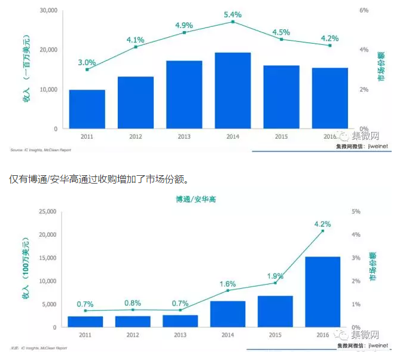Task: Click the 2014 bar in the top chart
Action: coord(233,90)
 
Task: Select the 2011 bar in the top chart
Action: coord(87,109)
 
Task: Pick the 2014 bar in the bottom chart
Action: coord(228,314)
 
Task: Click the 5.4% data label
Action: coord(233,13)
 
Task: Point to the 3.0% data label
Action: coord(87,62)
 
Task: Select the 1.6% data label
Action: coord(228,284)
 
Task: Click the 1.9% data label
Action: coord(276,276)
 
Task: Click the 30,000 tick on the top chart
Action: coord(48,11)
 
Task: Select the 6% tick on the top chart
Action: coord(364,11)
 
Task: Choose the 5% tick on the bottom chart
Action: coord(355,212)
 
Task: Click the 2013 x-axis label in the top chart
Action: coord(184,137)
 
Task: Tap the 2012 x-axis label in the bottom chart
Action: coord(133,336)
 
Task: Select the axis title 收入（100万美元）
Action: coord(26,269)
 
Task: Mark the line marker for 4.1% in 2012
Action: coord(136,47)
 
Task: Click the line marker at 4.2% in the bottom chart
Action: coord(323,231)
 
